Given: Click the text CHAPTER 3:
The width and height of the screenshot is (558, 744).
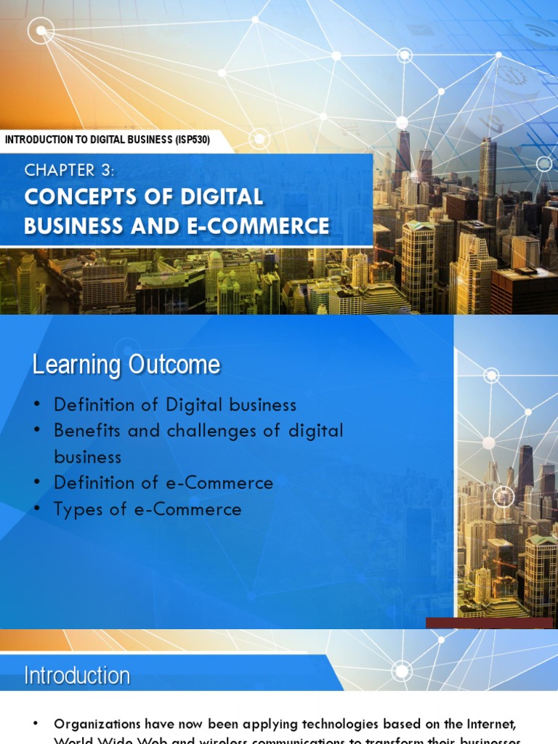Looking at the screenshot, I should tap(70, 171).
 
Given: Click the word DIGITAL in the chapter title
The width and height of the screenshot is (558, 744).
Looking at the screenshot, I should tap(225, 197).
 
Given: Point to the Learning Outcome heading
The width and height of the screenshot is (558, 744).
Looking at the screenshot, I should tap(126, 365).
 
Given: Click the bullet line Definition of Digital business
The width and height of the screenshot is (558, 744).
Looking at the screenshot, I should tap(174, 405).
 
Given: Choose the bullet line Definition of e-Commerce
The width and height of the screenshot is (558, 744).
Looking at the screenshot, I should tap(163, 483).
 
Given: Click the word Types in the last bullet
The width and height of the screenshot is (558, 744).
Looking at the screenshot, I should tap(77, 509).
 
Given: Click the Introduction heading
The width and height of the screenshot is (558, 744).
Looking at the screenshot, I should tap(77, 676).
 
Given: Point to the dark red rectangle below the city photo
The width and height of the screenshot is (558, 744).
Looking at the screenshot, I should tap(489, 623).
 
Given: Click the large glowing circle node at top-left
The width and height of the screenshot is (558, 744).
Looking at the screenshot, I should tap(41, 31).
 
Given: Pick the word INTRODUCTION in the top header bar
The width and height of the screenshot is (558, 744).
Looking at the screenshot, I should tap(43, 140).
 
